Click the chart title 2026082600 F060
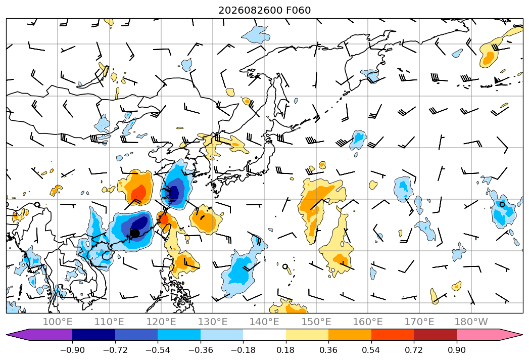(265, 10)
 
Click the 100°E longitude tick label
(58, 322)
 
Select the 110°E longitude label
(109, 322)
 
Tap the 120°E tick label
(161, 322)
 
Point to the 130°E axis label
(213, 322)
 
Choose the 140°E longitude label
(264, 322)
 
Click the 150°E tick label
(316, 322)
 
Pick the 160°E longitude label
(368, 322)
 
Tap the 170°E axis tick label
(419, 322)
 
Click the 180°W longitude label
(471, 322)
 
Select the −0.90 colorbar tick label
(72, 350)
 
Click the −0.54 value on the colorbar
(158, 350)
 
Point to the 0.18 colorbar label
(286, 350)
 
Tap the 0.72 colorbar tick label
(414, 350)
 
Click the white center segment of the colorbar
(265, 334)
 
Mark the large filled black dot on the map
(135, 233)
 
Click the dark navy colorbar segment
(94, 334)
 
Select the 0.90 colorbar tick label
(457, 350)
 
